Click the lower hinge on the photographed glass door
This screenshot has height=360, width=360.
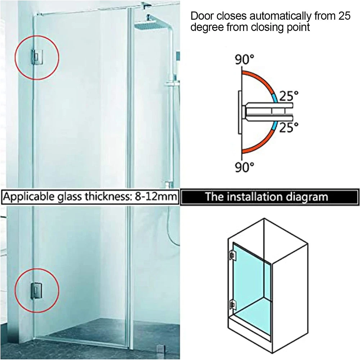(x=36, y=291)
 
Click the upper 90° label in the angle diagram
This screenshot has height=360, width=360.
(x=244, y=59)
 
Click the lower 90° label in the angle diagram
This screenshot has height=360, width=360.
(x=244, y=167)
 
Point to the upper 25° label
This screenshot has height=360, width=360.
(x=289, y=96)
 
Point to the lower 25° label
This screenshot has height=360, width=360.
(x=289, y=127)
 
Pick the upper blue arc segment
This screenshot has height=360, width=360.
(x=275, y=97)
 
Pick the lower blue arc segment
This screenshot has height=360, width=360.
(x=275, y=126)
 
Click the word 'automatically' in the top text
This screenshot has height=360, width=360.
(x=280, y=16)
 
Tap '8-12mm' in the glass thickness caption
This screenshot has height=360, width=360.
(x=156, y=197)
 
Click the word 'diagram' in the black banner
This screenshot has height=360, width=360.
(x=305, y=197)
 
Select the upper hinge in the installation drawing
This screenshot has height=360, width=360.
(x=232, y=255)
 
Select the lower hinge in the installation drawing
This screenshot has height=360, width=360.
(x=232, y=304)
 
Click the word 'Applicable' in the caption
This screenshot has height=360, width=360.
(x=30, y=197)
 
